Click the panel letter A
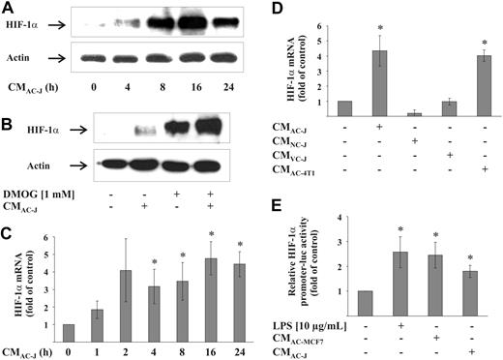click(10, 10)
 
